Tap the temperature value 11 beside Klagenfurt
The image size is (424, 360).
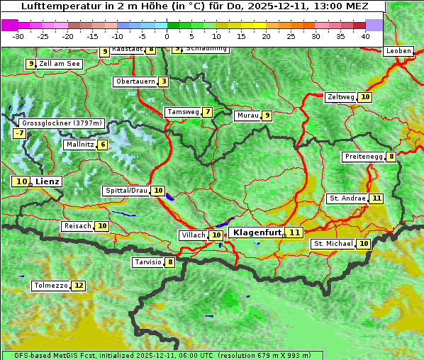click(294, 232)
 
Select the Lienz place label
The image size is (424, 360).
click(48, 181)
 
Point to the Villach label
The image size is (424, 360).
click(194, 235)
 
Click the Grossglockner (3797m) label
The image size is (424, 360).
click(62, 123)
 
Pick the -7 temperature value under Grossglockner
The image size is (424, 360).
click(19, 133)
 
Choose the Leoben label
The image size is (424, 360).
click(398, 51)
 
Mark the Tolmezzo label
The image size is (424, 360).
click(51, 286)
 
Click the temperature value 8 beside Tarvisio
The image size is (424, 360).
click(170, 262)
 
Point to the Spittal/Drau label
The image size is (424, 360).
click(126, 191)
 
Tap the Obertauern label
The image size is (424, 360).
click(135, 81)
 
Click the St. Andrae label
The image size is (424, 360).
click(347, 198)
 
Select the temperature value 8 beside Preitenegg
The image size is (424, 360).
click(391, 157)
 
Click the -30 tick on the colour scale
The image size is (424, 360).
click(18, 35)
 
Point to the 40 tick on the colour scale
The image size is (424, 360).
click(365, 35)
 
